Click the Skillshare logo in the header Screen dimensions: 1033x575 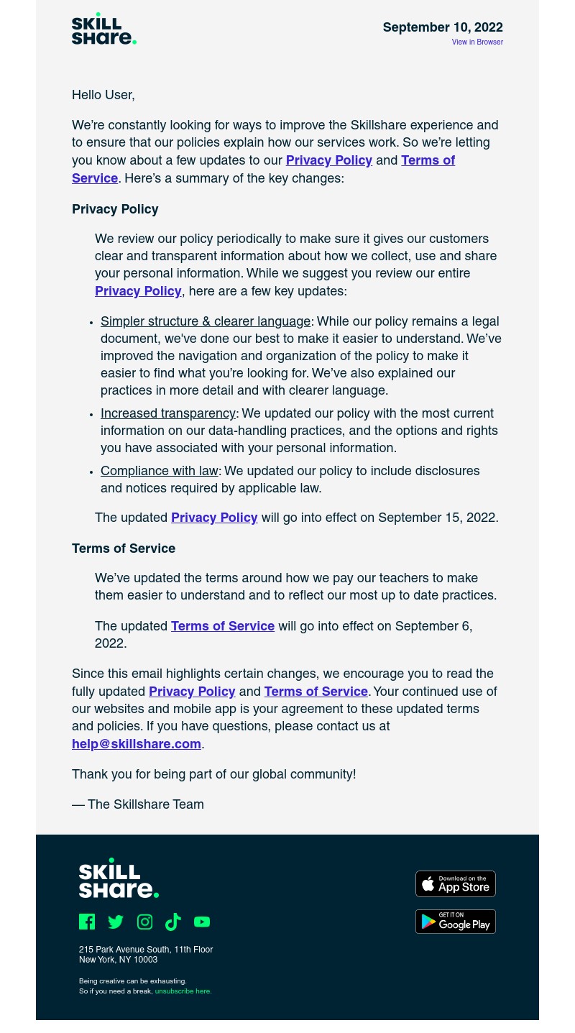(103, 29)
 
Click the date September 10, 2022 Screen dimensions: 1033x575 (442, 28)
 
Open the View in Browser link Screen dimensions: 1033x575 (477, 42)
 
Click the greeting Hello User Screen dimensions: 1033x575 (103, 96)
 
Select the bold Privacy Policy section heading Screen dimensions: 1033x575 (115, 210)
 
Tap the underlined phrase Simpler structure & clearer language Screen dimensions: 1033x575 (206, 322)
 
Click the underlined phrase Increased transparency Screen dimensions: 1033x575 (168, 414)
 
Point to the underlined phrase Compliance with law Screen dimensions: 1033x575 (160, 472)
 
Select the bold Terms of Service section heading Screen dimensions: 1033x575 (124, 549)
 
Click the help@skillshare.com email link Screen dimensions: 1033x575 (137, 745)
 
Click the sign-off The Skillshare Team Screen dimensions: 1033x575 (138, 805)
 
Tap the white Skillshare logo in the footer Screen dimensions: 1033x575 (119, 878)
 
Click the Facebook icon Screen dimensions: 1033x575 (87, 922)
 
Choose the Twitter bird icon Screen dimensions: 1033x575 (116, 922)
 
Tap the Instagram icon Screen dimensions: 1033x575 (144, 922)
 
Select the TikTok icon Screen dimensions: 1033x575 (173, 922)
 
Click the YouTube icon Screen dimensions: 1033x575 (202, 922)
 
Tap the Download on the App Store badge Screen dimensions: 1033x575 (456, 884)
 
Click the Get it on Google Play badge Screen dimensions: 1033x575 (456, 922)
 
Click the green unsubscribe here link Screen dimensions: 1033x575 (183, 991)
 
